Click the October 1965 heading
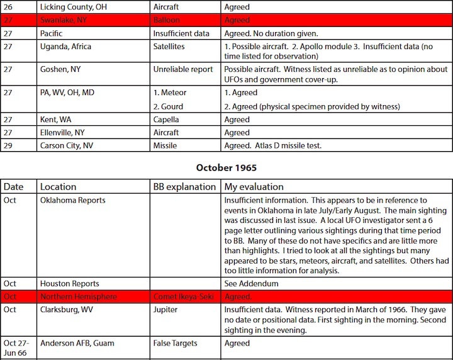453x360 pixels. pyautogui.click(x=226, y=167)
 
